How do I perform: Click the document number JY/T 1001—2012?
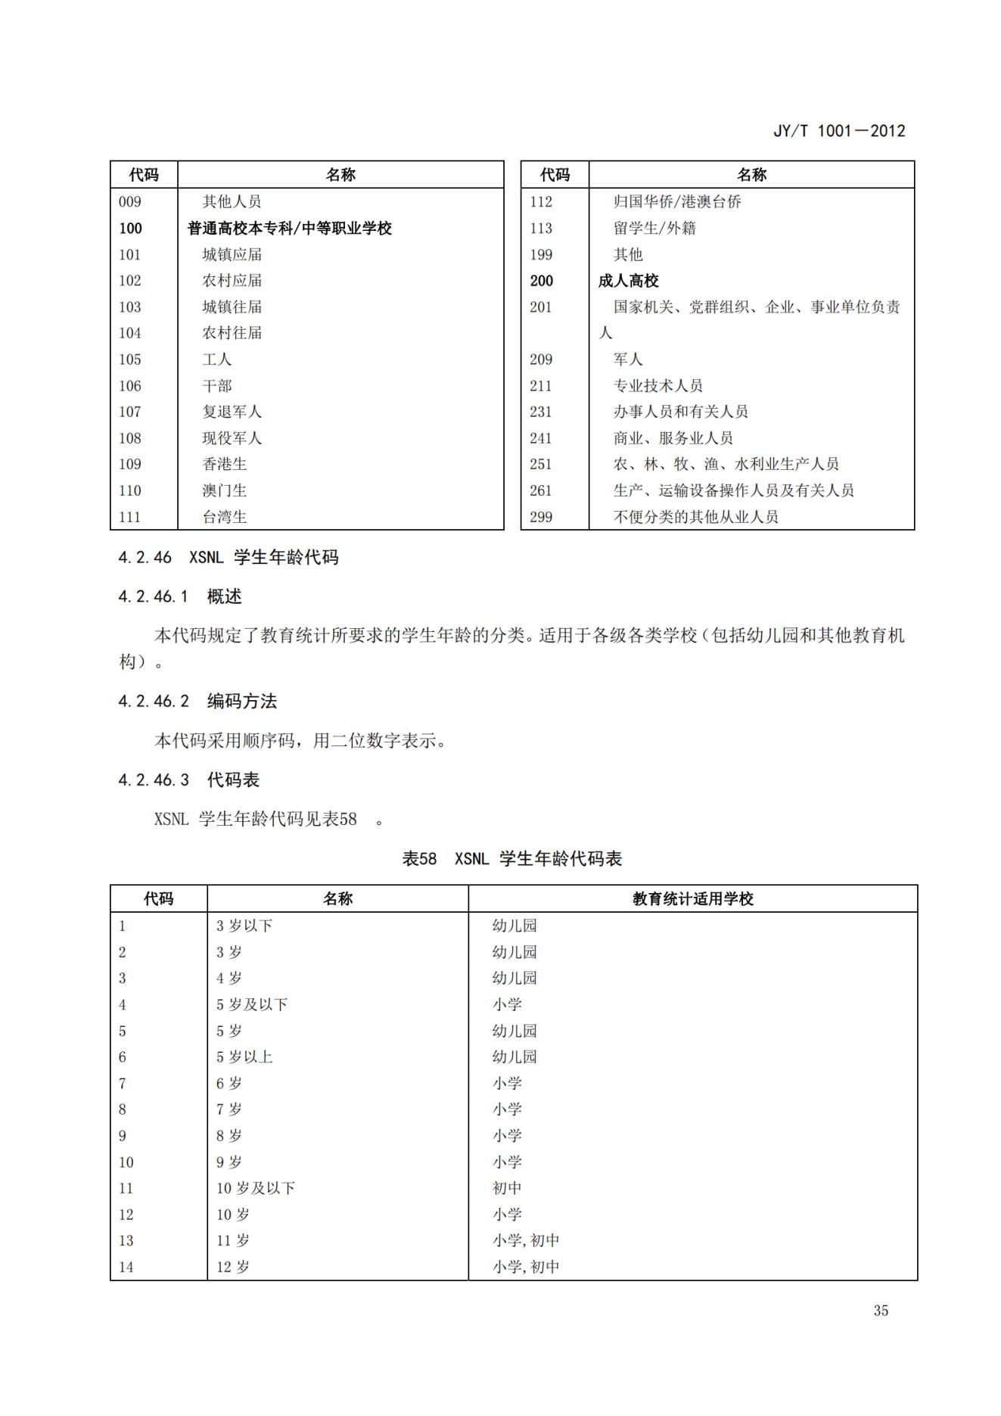[x=838, y=131]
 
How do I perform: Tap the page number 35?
[x=881, y=1311]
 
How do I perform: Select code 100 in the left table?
[x=130, y=229]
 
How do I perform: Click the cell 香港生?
[x=224, y=464]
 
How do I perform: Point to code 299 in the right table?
[x=541, y=517]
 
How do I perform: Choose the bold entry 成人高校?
[x=628, y=281]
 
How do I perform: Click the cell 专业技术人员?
[x=657, y=386]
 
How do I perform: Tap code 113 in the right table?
[x=541, y=229]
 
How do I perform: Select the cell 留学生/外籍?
[x=654, y=229]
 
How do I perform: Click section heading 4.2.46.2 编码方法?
[x=197, y=702]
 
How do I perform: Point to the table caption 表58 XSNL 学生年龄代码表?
[x=512, y=859]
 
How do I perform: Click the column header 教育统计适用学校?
[x=692, y=899]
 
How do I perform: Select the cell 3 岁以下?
[x=244, y=926]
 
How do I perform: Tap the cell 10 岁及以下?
[x=256, y=1188]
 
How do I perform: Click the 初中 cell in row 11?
[x=507, y=1188]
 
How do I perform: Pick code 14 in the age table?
[x=126, y=1267]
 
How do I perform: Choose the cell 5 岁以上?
[x=244, y=1057]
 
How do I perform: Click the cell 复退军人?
[x=232, y=412]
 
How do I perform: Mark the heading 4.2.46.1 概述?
[x=180, y=597]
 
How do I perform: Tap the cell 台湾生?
[x=224, y=517]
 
